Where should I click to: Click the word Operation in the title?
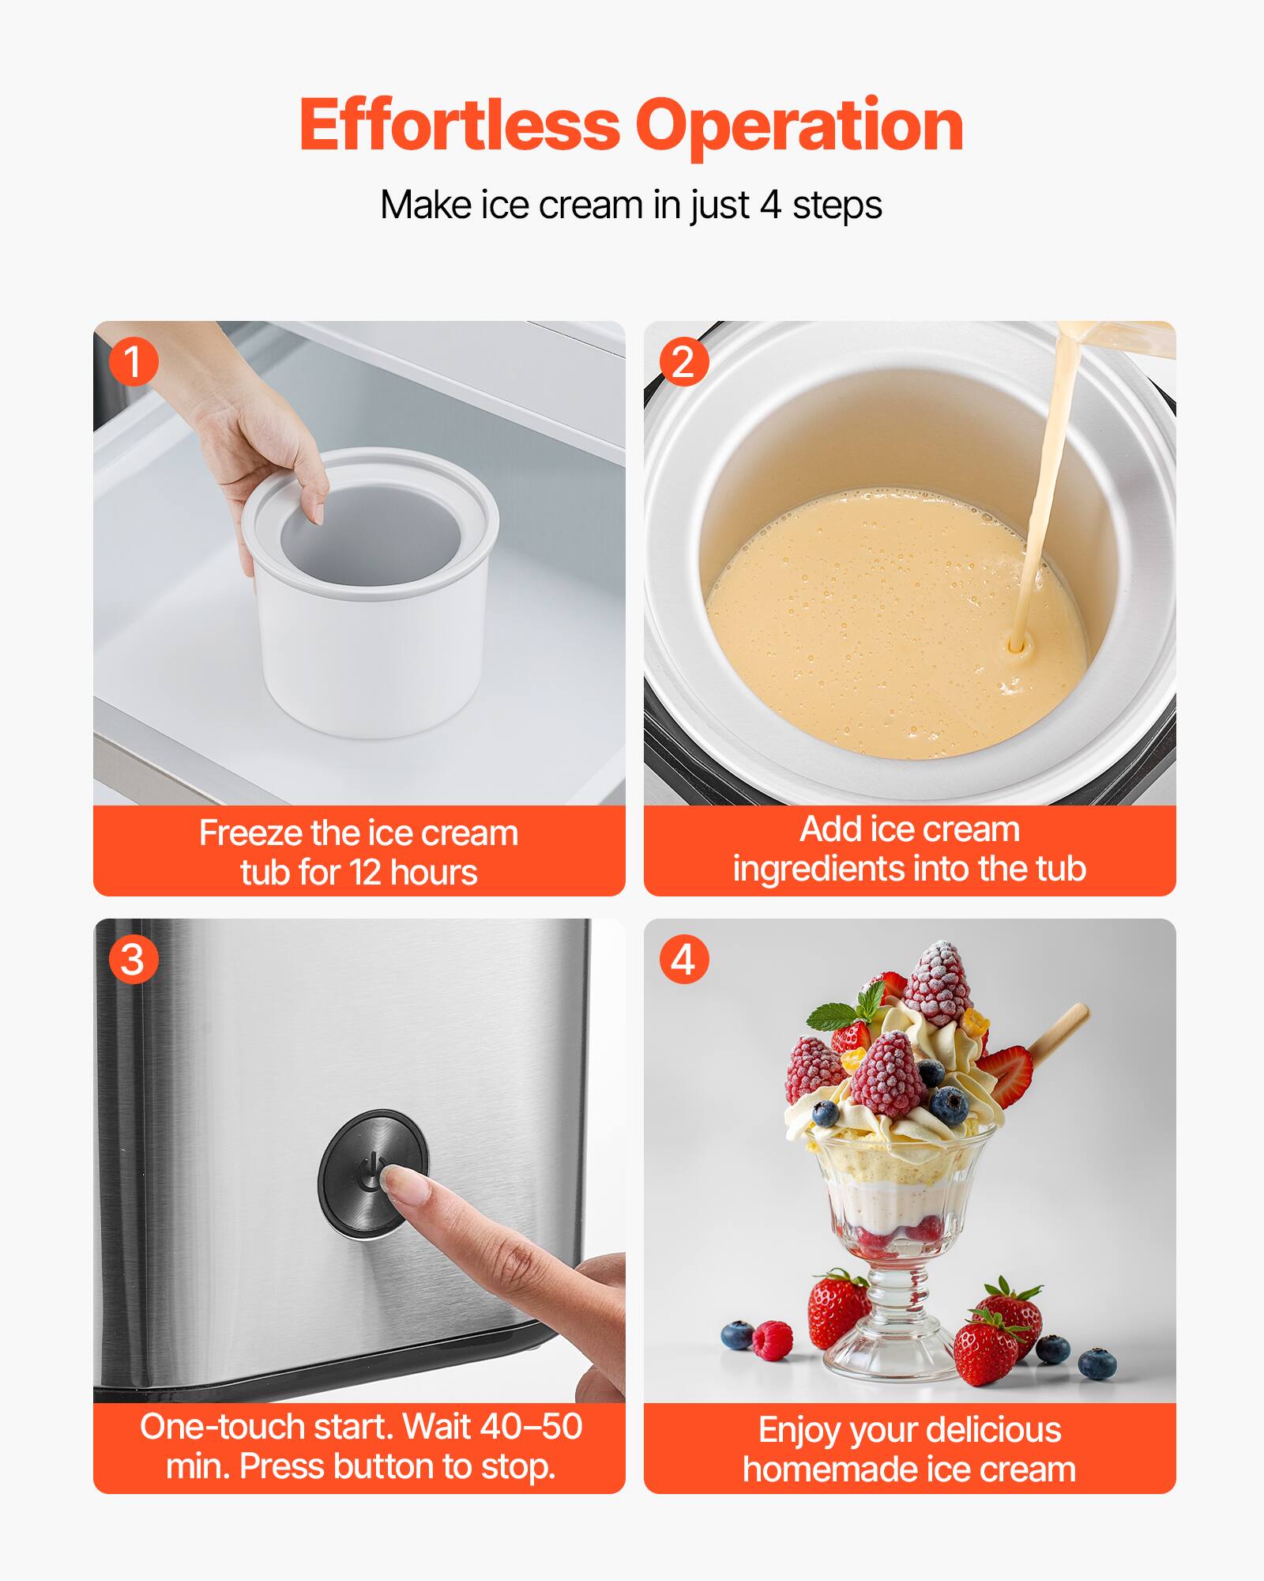(799, 126)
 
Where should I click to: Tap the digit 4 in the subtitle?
(769, 205)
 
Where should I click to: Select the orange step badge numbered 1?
(133, 362)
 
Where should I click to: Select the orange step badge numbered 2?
(683, 362)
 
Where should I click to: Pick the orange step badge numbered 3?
(133, 960)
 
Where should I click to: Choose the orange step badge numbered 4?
(683, 960)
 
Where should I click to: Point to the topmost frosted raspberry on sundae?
(938, 985)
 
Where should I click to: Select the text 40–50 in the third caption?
(531, 1427)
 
